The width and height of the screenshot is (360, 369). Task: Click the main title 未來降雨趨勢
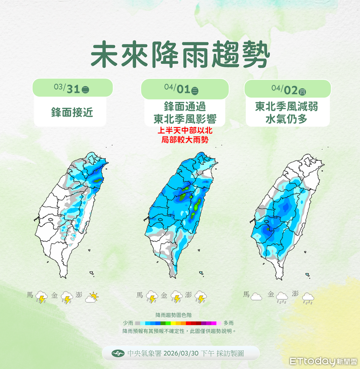(180, 56)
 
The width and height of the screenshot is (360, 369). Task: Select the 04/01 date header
(181, 89)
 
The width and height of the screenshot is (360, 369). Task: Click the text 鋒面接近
(72, 112)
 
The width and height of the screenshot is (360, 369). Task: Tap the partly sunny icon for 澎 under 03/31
(92, 298)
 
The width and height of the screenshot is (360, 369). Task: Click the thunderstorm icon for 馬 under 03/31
(41, 297)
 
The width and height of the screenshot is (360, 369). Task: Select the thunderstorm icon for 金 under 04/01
(176, 297)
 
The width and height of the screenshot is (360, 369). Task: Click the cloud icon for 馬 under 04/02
(256, 296)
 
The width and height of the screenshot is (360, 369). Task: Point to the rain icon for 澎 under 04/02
(308, 298)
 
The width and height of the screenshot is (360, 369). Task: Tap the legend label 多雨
(228, 323)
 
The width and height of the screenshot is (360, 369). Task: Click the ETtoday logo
(323, 361)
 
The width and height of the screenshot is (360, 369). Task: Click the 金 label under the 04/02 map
(271, 295)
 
